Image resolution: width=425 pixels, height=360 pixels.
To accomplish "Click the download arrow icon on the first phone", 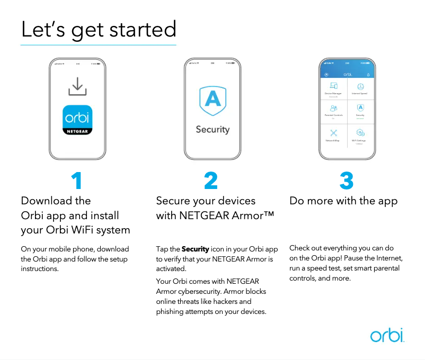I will click(77, 87).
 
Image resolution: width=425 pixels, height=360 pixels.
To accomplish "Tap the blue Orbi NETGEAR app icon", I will click(77, 121).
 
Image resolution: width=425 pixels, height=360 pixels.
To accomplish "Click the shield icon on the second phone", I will click(212, 101).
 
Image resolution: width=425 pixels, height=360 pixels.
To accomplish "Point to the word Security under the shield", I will click(212, 129).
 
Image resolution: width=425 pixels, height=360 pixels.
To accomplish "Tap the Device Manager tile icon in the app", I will click(333, 86).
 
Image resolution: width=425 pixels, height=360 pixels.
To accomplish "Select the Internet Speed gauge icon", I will click(360, 86).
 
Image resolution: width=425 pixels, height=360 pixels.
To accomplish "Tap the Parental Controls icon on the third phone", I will click(333, 107).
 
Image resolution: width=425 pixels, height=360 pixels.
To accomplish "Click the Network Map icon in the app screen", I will click(333, 133).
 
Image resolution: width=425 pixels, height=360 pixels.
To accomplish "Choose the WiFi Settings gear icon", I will click(360, 133).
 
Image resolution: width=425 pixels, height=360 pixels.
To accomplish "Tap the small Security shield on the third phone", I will click(360, 107).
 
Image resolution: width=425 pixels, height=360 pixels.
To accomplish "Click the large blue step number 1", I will click(77, 182).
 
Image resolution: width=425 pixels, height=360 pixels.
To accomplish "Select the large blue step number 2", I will click(211, 182).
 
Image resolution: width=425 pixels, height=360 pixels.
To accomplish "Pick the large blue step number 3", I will click(347, 182).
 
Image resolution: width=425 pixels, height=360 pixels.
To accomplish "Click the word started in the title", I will click(144, 29).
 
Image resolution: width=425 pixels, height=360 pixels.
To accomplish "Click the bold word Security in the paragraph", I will click(196, 249).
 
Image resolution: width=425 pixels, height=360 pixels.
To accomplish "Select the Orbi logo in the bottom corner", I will click(387, 335).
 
